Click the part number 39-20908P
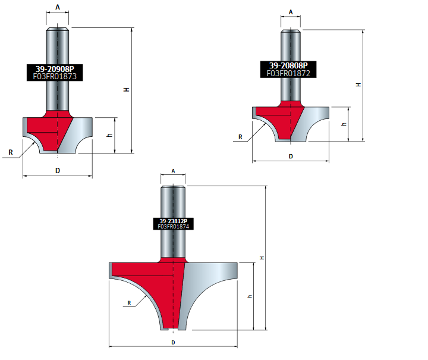[55, 69]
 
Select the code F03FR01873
[55, 77]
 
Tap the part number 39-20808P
[288, 65]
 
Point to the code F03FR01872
[288, 73]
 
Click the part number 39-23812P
[174, 221]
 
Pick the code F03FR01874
[174, 227]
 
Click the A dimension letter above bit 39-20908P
[58, 7]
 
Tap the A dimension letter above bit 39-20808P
[291, 12]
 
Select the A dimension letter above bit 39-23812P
[173, 171]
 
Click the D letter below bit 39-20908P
[58, 171]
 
